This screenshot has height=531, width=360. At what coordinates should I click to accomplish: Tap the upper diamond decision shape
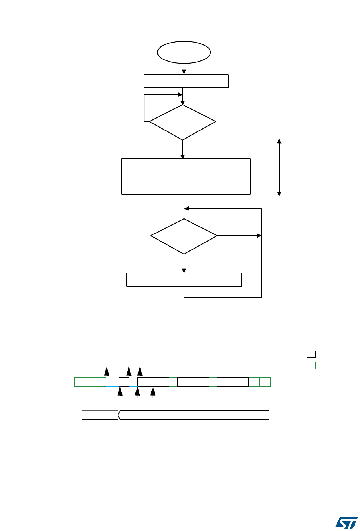[x=182, y=122]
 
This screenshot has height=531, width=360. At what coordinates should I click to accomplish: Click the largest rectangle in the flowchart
[x=186, y=176]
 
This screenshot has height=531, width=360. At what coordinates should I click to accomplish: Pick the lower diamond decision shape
[x=184, y=236]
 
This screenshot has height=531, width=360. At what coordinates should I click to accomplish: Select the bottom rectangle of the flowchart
[x=184, y=280]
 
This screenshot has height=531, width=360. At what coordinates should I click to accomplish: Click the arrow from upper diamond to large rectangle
[x=182, y=149]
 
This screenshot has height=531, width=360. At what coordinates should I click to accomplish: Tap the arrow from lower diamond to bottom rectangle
[x=184, y=264]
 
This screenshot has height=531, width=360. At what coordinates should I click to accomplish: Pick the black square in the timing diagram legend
[x=311, y=354]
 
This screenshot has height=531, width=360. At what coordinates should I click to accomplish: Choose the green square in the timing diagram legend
[x=311, y=366]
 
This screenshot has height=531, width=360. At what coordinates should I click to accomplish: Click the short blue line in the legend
[x=311, y=379]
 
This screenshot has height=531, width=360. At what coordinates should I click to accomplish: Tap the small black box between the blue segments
[x=124, y=382]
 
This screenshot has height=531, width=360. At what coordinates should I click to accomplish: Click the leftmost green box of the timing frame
[x=79, y=382]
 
